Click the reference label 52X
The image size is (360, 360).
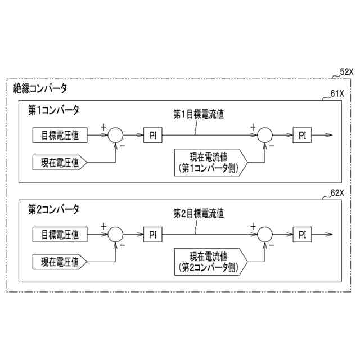(x=346, y=73)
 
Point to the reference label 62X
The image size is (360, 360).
(x=337, y=192)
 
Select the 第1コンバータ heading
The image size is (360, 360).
(x=53, y=110)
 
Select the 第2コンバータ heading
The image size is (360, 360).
(x=53, y=209)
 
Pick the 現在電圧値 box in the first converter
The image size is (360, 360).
(x=59, y=163)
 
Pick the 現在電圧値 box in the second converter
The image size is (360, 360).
(x=59, y=262)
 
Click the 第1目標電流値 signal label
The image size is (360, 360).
(x=199, y=115)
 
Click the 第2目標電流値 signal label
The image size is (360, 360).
(x=199, y=214)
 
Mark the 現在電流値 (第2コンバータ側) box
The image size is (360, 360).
(x=208, y=260)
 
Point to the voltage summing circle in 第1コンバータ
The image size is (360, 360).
(x=115, y=135)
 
